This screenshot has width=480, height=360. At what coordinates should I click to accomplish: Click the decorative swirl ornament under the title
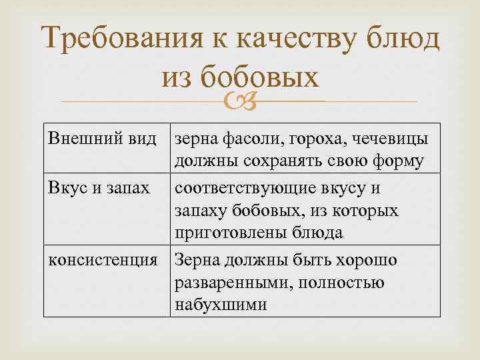(239, 101)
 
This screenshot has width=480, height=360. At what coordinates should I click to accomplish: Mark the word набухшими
(221, 305)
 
